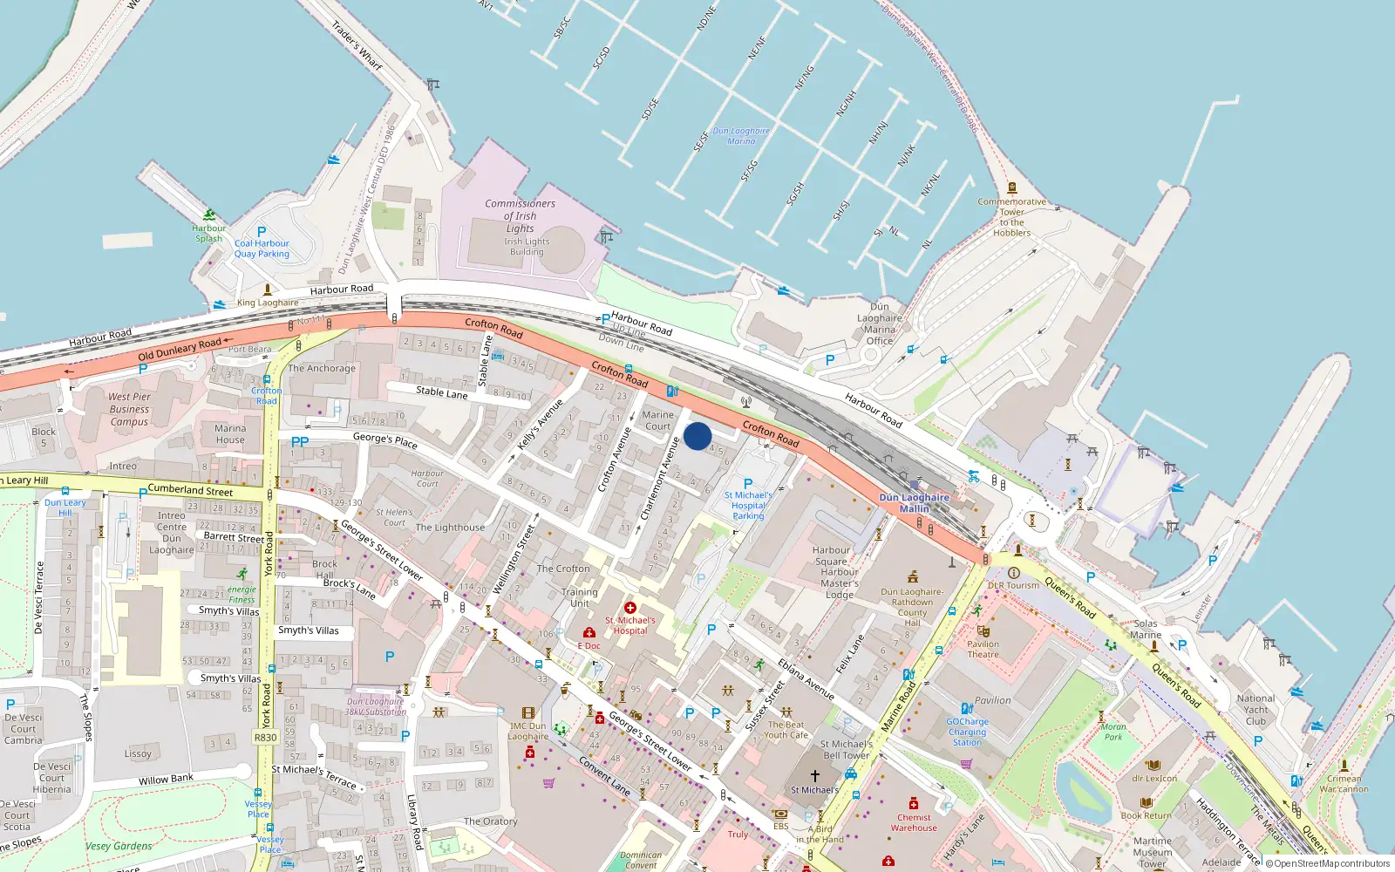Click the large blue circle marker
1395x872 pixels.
pos(697,436)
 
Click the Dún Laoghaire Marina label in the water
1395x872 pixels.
pos(741,135)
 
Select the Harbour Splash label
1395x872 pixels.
pos(209,233)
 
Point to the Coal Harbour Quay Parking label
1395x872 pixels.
pos(262,249)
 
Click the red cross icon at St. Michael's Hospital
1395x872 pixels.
pos(629,608)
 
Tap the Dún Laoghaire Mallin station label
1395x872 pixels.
pos(914,503)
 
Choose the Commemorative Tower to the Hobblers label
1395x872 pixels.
pos(1011,217)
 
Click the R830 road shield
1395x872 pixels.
pos(265,737)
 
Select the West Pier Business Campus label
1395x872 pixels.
pos(129,409)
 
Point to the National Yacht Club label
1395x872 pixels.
pos(1255,710)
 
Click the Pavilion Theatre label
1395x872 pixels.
pos(983,649)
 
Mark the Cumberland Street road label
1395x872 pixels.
pos(190,490)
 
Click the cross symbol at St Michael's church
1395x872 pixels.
pos(814,775)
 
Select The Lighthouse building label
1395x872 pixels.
pos(450,528)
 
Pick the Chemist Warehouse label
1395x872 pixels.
pos(914,822)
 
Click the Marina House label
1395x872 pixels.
pos(230,433)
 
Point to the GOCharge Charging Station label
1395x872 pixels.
pos(967,732)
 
